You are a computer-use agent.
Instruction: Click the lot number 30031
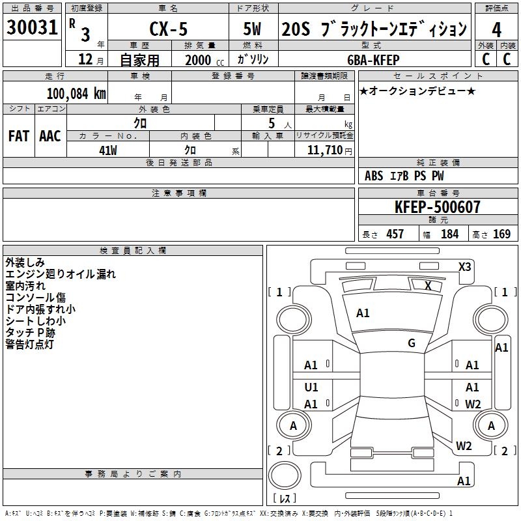[x=32, y=27]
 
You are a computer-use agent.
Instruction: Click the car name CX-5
[x=169, y=29]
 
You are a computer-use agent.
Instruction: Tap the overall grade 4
[x=496, y=30]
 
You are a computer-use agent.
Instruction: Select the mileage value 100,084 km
[x=76, y=94]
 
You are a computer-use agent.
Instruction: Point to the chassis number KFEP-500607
[x=438, y=206]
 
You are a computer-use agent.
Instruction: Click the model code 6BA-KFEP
[x=373, y=60]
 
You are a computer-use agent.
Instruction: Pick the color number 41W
[x=108, y=150]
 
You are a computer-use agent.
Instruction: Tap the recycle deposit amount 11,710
[x=325, y=150]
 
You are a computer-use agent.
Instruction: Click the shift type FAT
[x=19, y=136]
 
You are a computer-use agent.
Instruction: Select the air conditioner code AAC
[x=50, y=136]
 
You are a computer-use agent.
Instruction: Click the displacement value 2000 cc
[x=204, y=60]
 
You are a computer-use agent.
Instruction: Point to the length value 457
[x=395, y=234]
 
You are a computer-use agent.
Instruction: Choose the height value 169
[x=501, y=234]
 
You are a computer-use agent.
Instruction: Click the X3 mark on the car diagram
[x=465, y=267]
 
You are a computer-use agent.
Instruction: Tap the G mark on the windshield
[x=412, y=343]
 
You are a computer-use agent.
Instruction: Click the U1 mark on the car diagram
[x=311, y=387]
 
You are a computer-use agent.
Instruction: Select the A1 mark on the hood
[x=363, y=313]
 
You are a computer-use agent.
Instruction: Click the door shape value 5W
[x=252, y=29]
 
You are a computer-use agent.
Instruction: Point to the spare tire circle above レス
[x=285, y=475]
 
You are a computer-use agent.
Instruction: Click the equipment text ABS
[x=374, y=176]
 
